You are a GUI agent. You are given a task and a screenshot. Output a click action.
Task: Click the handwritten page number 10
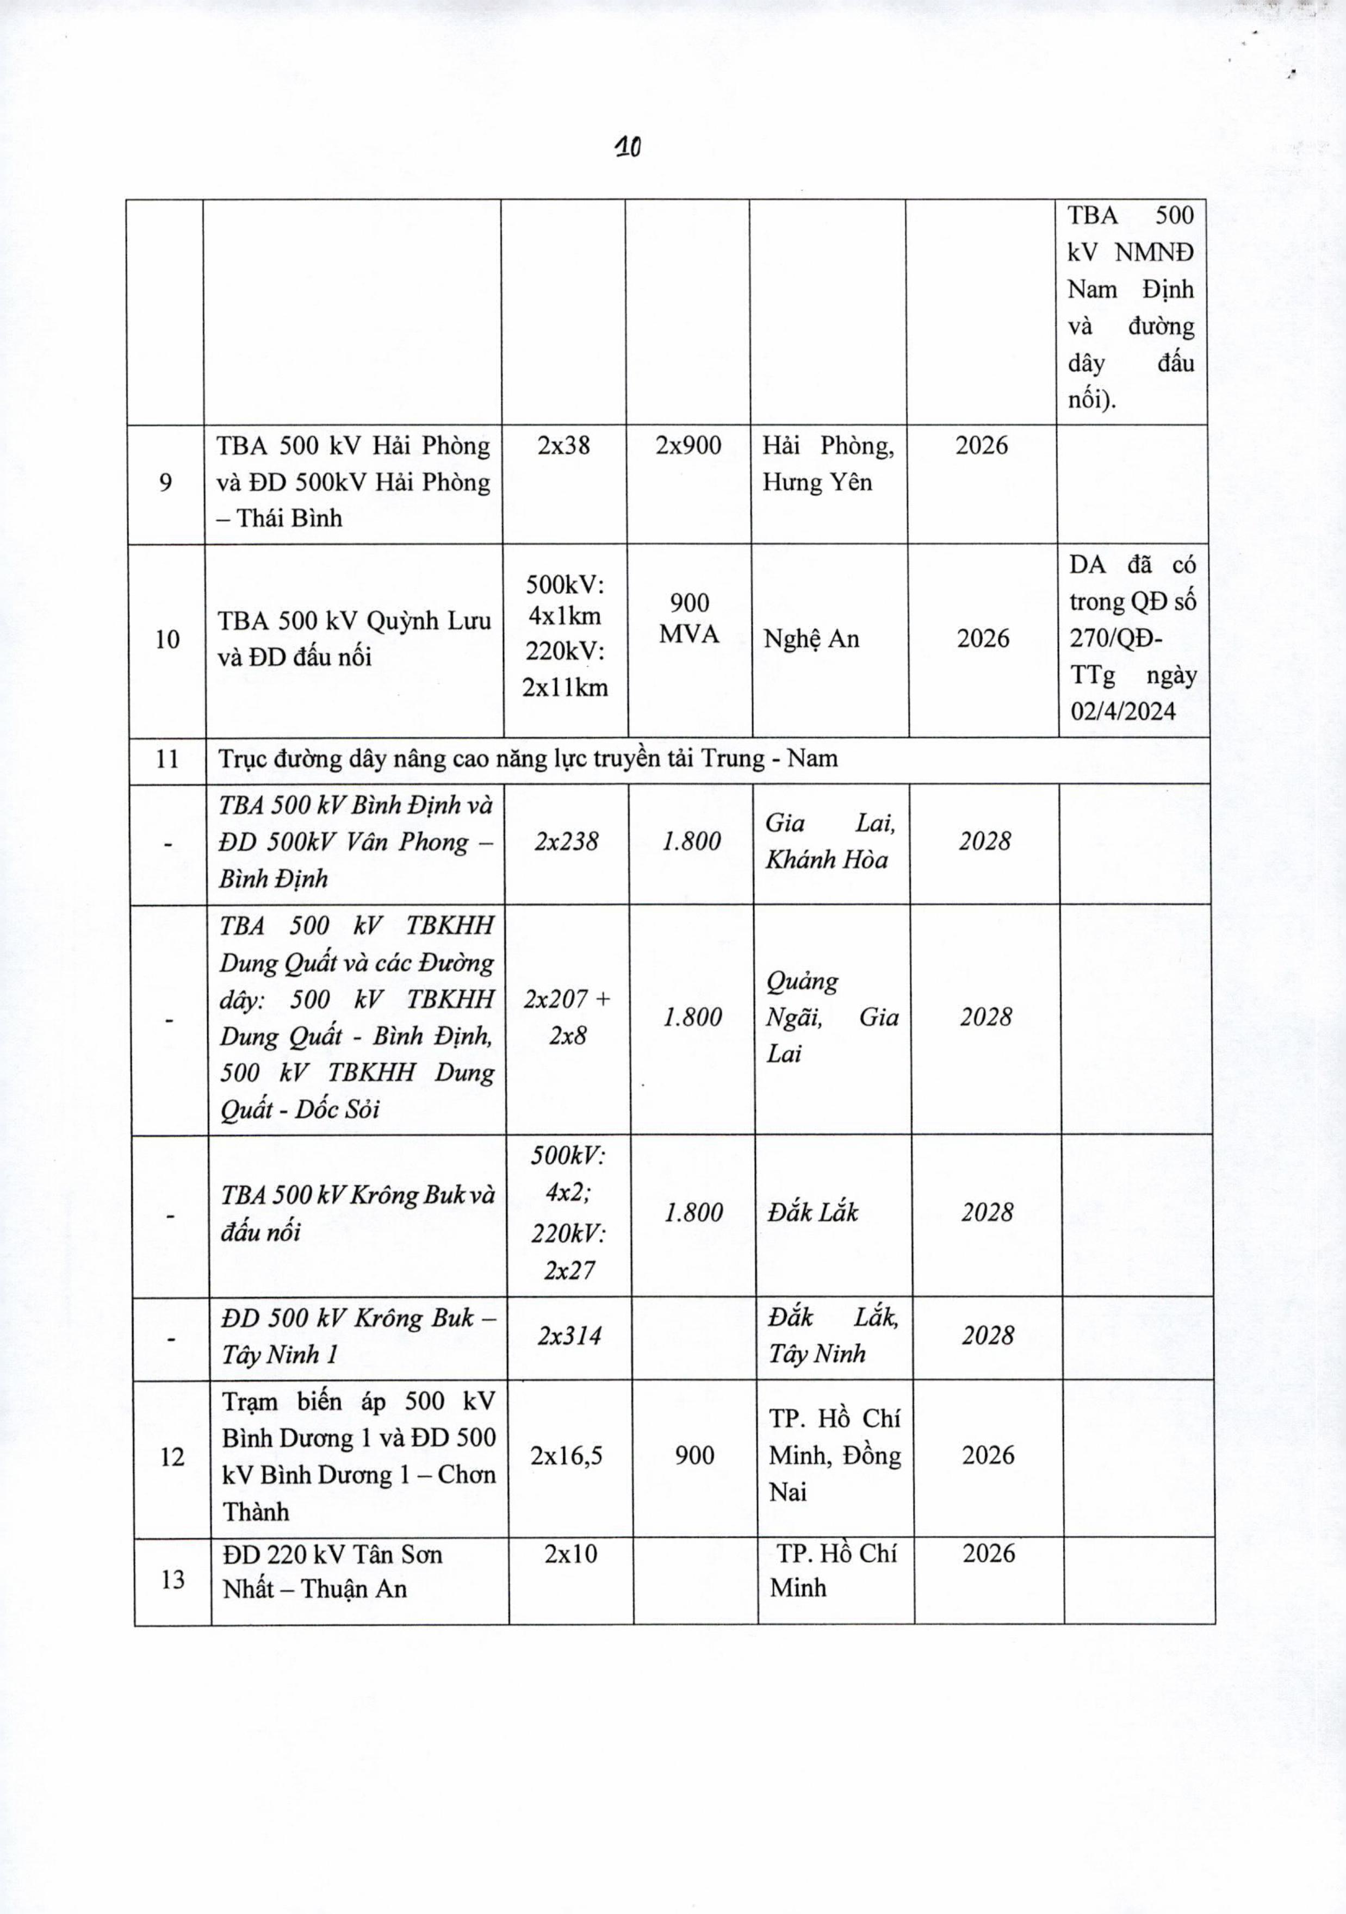627,147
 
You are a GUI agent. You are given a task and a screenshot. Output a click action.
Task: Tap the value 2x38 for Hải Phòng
564,446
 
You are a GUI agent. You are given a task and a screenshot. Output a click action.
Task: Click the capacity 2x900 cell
688,446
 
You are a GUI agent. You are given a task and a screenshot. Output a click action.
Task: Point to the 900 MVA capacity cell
690,619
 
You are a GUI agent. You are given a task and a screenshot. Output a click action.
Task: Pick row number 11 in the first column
168,759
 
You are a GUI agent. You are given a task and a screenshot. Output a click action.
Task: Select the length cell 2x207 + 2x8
567,1017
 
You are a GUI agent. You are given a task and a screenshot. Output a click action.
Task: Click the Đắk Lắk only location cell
812,1212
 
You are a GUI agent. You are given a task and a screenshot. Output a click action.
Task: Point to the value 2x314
569,1336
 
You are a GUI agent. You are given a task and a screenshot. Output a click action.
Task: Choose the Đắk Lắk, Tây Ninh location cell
832,1336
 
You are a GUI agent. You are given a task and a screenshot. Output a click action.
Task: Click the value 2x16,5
567,1456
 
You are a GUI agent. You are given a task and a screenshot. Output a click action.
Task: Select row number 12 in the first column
172,1456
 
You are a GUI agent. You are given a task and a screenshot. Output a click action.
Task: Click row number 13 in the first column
172,1579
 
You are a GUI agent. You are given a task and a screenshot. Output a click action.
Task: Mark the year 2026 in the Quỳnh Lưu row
982,639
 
